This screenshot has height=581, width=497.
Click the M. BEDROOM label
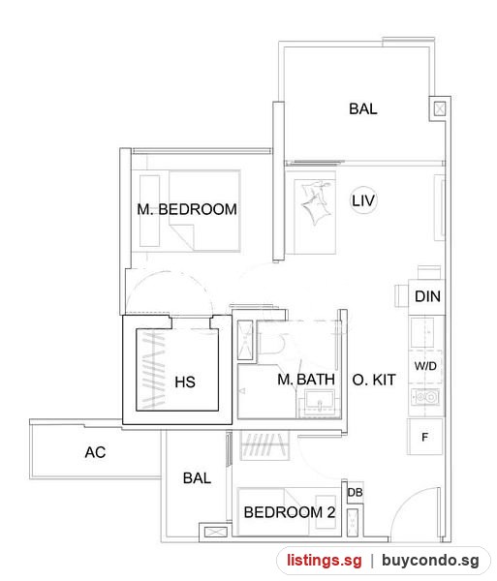coord(187,209)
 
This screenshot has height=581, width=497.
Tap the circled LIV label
coord(363,200)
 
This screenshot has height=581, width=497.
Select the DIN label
coord(427,296)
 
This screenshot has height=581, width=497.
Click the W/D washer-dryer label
coord(425,366)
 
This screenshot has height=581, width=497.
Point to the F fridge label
coord(424,438)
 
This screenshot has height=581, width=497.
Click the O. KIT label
coord(374,380)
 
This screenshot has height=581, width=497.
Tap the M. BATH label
coord(306,379)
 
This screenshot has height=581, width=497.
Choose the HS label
coord(185,382)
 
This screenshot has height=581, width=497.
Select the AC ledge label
coord(95,452)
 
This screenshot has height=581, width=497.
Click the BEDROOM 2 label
coord(290,512)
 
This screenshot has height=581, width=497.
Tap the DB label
coord(355,493)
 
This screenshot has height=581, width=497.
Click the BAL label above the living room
coord(363,108)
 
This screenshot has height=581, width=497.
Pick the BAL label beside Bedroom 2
coord(198,478)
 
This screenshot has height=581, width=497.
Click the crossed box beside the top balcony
coord(439,108)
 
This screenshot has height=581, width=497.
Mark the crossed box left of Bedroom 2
coord(216,533)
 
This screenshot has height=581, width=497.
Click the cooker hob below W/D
coord(425,397)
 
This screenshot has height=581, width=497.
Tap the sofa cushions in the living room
coord(315,202)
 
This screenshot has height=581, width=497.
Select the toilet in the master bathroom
coord(271,343)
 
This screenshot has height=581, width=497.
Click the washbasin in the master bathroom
coord(320,403)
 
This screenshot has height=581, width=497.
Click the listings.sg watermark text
coord(325,561)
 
